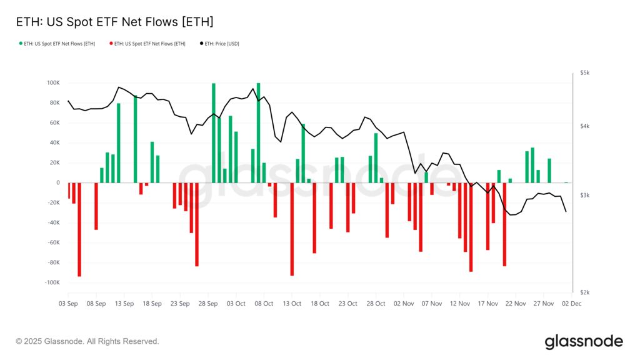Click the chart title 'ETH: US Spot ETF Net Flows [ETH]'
click(114, 22)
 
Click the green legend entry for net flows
click(58, 44)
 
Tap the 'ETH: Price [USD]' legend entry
click(221, 44)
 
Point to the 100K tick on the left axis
click(53, 83)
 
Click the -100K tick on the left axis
click(52, 282)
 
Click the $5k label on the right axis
click(585, 73)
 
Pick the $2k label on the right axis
click(585, 292)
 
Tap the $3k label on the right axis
click(585, 196)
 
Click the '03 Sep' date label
click(68, 304)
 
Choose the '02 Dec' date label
click(571, 304)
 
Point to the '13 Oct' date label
click(292, 304)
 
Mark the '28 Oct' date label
click(376, 304)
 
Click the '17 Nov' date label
click(487, 304)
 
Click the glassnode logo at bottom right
click(584, 341)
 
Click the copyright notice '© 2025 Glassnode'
click(87, 341)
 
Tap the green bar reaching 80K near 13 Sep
click(119, 144)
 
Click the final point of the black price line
click(566, 212)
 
